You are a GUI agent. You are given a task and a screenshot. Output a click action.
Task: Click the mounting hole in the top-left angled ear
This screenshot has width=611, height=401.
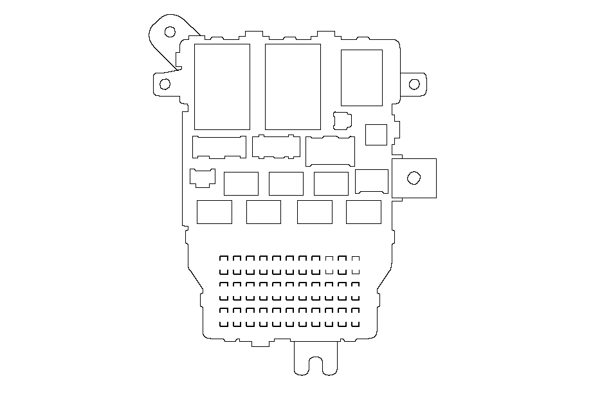(x=170, y=32)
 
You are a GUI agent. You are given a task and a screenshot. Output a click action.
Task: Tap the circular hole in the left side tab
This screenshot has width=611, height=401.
(x=165, y=84)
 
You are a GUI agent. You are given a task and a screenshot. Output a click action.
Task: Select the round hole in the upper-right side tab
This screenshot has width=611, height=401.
(x=414, y=84)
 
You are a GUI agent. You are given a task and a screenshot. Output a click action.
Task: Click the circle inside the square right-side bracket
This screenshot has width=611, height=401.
(x=414, y=178)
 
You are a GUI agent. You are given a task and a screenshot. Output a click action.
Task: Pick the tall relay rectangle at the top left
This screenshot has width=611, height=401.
(x=222, y=86)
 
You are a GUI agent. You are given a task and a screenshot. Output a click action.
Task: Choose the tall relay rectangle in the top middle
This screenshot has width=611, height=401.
(x=293, y=86)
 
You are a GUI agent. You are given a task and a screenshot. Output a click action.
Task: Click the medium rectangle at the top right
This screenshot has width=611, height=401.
(x=361, y=77)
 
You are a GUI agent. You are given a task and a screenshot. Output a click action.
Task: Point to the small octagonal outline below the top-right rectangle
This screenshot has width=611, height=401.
(x=343, y=120)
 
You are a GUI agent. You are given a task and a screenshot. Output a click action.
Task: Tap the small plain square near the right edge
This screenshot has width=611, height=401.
(x=376, y=135)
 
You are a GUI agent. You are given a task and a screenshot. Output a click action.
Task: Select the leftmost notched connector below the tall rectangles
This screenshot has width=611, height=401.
(x=219, y=147)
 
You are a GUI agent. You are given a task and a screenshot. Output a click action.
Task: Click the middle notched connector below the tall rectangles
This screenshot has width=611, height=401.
(x=277, y=146)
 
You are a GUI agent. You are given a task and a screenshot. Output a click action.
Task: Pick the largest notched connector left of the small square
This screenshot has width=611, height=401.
(x=330, y=151)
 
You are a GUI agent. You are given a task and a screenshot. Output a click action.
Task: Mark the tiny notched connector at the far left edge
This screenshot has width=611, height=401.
(x=202, y=178)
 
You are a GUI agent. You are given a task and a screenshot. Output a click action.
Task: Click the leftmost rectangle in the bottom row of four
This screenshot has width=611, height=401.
(x=214, y=212)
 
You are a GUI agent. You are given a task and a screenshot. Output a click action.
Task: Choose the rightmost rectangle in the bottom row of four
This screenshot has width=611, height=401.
(x=363, y=212)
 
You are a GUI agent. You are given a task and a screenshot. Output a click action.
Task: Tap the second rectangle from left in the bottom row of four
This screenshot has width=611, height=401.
(x=264, y=212)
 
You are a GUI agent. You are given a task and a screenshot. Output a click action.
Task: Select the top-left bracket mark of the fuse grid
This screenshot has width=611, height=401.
(x=224, y=259)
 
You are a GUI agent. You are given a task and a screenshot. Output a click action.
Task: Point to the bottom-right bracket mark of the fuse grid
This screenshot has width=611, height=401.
(x=355, y=324)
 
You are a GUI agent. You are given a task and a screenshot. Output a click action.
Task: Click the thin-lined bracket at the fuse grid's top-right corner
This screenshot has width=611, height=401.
(x=355, y=259)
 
